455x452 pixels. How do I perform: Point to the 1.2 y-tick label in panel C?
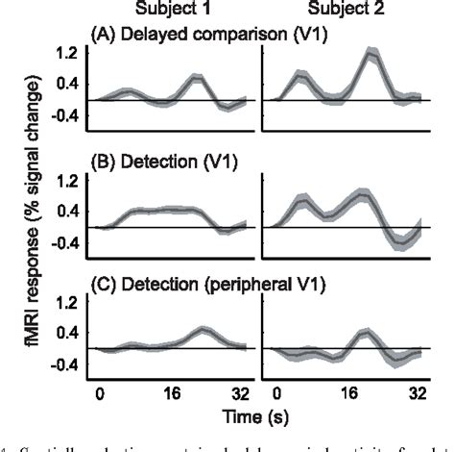pyautogui.click(x=66, y=303)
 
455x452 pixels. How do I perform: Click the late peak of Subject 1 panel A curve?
pyautogui.click(x=196, y=77)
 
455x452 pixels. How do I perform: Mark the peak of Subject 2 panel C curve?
pyautogui.click(x=366, y=333)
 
